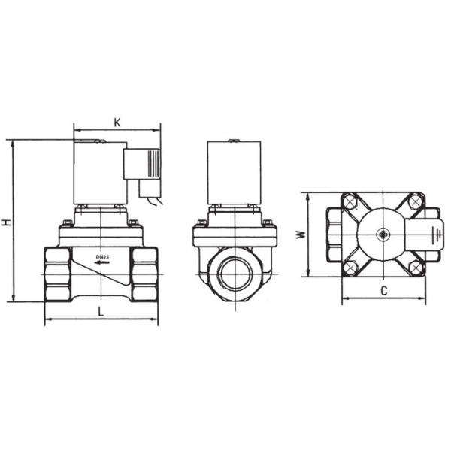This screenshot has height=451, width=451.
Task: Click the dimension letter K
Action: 117,122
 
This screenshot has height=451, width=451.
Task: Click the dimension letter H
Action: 6,222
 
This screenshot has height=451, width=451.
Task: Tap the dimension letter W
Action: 299,234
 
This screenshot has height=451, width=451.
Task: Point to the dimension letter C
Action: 383,289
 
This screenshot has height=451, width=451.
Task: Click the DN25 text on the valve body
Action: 102,256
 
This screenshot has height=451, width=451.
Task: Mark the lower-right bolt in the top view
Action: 416,267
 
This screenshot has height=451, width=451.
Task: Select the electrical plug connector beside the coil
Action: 144,165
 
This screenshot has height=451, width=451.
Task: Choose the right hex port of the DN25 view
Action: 144,274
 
